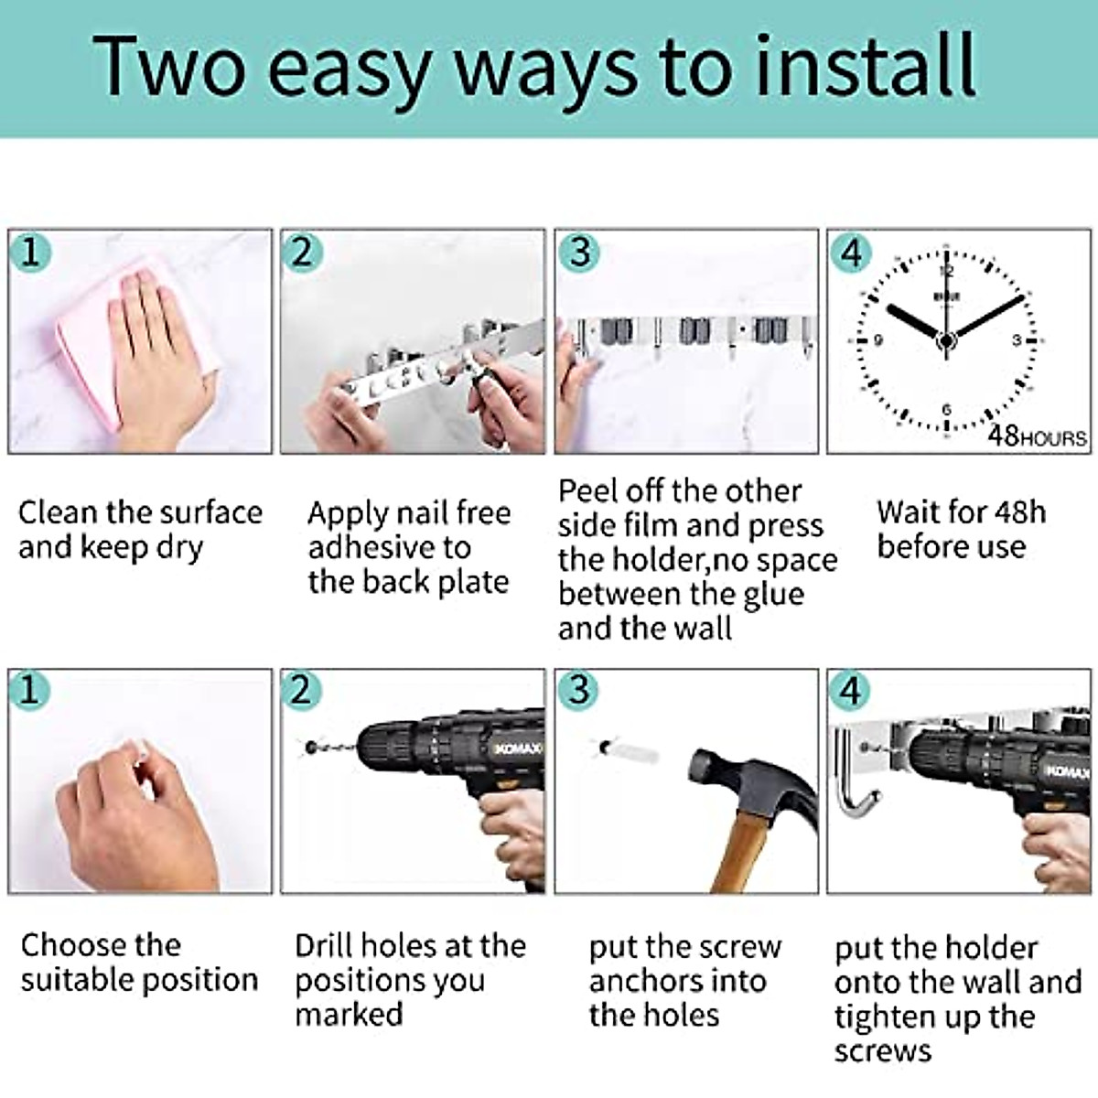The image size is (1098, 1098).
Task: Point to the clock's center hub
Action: (x=946, y=340)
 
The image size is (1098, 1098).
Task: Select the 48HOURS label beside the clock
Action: (x=1037, y=436)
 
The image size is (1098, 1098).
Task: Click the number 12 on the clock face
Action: (x=946, y=271)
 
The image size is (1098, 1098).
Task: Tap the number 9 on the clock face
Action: (x=877, y=340)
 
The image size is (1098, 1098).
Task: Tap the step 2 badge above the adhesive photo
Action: (x=301, y=252)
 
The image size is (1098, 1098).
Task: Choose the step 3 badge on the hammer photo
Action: (x=577, y=690)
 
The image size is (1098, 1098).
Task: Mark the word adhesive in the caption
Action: (x=376, y=547)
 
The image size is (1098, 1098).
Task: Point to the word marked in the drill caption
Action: (x=349, y=1014)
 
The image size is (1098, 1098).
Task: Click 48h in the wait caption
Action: (x=1018, y=512)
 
